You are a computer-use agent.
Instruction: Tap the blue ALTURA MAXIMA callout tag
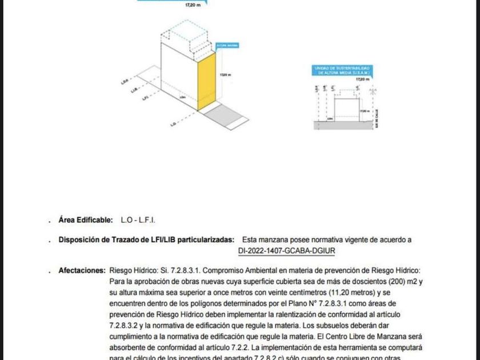tap(227, 45)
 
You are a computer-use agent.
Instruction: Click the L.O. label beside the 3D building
tap(172, 123)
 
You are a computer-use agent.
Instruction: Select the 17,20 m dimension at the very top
tap(193, 5)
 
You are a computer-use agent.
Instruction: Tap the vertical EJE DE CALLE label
tap(378, 119)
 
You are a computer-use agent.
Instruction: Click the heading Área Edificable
tap(86, 219)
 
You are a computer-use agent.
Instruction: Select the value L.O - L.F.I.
tap(138, 219)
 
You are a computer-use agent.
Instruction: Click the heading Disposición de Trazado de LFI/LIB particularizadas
tap(146, 240)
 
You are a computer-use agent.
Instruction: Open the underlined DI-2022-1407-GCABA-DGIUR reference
tap(286, 250)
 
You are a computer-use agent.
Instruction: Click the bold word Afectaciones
tap(82, 271)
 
